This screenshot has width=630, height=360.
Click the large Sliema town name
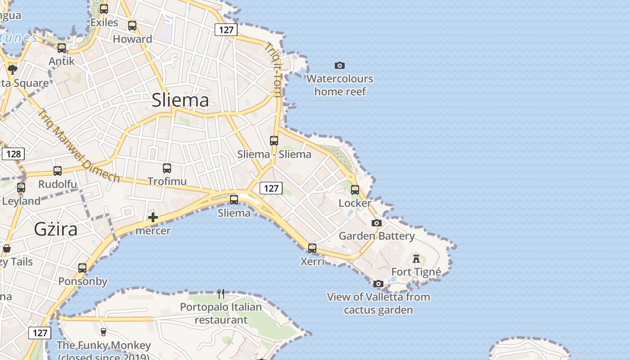180,100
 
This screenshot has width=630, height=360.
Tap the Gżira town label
56,229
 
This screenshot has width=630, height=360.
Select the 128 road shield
13,154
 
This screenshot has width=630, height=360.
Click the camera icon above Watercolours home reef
340,66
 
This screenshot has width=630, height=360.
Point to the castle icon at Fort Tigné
416,259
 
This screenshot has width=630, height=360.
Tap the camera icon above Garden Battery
377,223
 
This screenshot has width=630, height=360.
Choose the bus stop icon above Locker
355,190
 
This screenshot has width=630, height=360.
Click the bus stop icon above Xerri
312,248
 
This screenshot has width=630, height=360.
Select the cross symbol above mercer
153,218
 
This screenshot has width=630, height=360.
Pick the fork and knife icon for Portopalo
221,294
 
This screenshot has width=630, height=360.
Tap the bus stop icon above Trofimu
167,168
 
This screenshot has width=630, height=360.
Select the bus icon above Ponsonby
82,268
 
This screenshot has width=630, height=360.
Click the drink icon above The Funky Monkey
103,332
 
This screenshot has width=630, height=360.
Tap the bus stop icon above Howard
132,26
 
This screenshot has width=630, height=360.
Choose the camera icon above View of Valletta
378,283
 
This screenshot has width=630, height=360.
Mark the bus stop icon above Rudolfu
58,171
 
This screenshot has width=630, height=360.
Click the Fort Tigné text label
416,272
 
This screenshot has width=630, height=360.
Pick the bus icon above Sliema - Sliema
274,140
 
